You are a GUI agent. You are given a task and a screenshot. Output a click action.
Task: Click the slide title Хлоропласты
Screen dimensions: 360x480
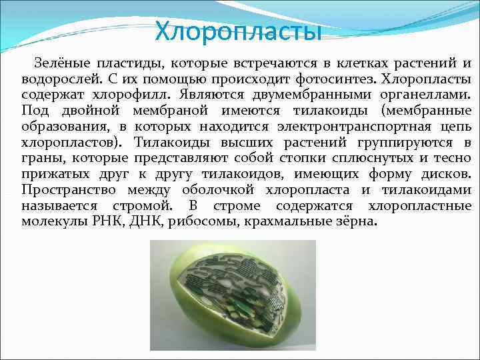(238, 31)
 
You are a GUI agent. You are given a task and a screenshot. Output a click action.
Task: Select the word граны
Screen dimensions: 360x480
(41, 158)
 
